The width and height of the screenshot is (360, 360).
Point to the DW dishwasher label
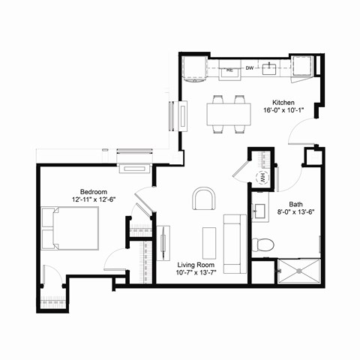pos(250,70)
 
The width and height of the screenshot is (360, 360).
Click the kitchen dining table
pos(229,113)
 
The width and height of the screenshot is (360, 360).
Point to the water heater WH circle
pos(263,178)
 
